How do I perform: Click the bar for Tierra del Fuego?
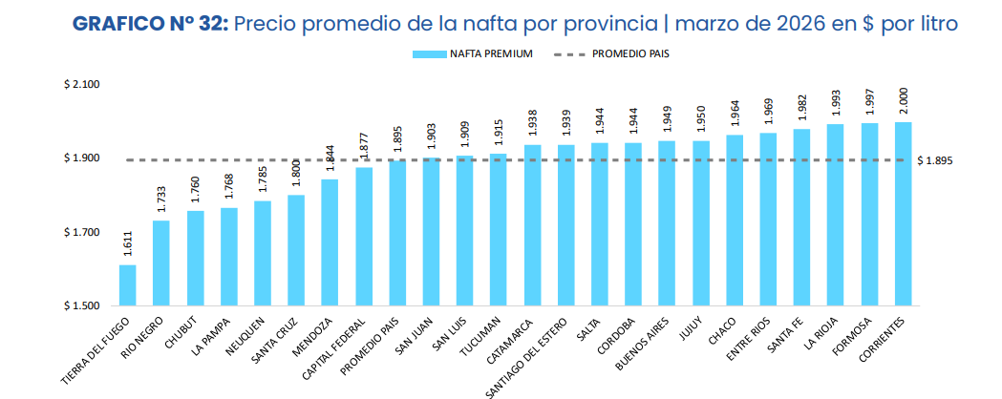tap(127, 285)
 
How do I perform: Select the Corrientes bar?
tap(903, 214)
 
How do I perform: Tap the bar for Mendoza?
tap(330, 242)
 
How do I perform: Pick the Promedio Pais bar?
tap(397, 233)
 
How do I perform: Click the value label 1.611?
tap(128, 243)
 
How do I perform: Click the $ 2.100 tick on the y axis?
tap(83, 85)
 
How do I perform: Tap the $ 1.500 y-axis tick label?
tap(83, 306)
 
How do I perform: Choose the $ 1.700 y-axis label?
tap(83, 233)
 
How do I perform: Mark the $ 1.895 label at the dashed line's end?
tap(934, 160)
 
